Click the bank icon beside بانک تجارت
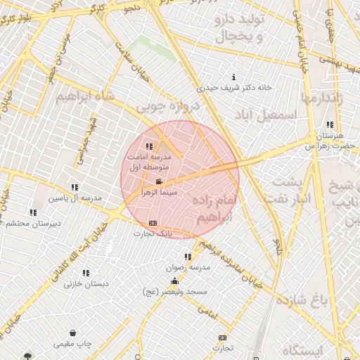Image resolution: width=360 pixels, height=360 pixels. click(x=152, y=224)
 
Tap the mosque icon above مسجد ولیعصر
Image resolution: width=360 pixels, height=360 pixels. click(x=174, y=281)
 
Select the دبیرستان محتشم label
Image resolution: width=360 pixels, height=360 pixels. click(x=33, y=223)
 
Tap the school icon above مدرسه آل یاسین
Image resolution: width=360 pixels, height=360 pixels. click(x=75, y=187)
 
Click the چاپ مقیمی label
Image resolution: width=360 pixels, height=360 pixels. click(x=73, y=344)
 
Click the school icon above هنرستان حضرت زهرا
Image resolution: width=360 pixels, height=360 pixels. click(x=330, y=125)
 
